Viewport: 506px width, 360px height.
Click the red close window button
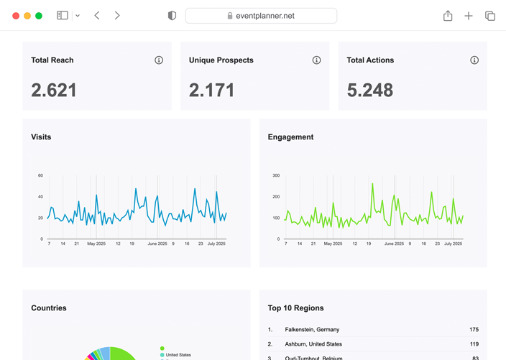click(x=16, y=16)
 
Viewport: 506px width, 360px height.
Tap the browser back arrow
click(x=97, y=16)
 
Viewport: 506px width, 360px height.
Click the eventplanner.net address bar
click(x=261, y=16)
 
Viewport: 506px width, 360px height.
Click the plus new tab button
click(x=469, y=16)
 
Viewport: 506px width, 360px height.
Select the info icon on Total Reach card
click(x=159, y=60)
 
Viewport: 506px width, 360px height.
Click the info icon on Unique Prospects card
click(x=316, y=60)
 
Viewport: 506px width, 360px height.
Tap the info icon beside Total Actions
click(x=474, y=60)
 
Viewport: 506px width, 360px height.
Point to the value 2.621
click(x=54, y=90)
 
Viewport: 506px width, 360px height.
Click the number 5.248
click(x=369, y=90)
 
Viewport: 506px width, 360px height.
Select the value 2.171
click(x=211, y=90)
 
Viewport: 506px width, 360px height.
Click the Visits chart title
click(x=41, y=137)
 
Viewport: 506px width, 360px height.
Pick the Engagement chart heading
click(x=290, y=137)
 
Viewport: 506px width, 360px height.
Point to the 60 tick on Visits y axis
click(x=40, y=175)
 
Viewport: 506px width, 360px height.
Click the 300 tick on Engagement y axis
click(x=276, y=175)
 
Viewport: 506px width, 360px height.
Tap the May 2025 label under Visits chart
click(x=96, y=244)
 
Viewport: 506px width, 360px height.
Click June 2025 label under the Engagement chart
click(x=394, y=244)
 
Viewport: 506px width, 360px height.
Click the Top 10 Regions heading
click(x=295, y=308)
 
